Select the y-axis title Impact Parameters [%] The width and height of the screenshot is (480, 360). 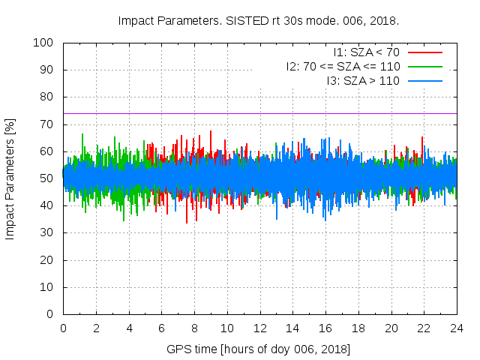10,178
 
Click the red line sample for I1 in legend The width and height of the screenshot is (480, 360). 424,52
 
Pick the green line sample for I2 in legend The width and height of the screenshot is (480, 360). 424,67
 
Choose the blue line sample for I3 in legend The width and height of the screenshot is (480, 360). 424,80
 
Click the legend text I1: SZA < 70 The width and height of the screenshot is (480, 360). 366,52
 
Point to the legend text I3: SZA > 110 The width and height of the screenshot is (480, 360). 363,80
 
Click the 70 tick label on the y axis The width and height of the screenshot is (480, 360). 49,124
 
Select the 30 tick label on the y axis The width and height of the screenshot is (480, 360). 49,233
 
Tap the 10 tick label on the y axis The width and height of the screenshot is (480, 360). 49,287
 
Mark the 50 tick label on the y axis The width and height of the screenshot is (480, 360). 49,178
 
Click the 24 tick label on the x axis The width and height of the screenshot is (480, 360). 457,328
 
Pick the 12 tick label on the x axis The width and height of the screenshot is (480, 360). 259,328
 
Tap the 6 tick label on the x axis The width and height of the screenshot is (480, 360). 161,328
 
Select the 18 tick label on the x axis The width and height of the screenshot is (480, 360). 358,328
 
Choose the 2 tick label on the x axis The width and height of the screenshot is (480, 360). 96,328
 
